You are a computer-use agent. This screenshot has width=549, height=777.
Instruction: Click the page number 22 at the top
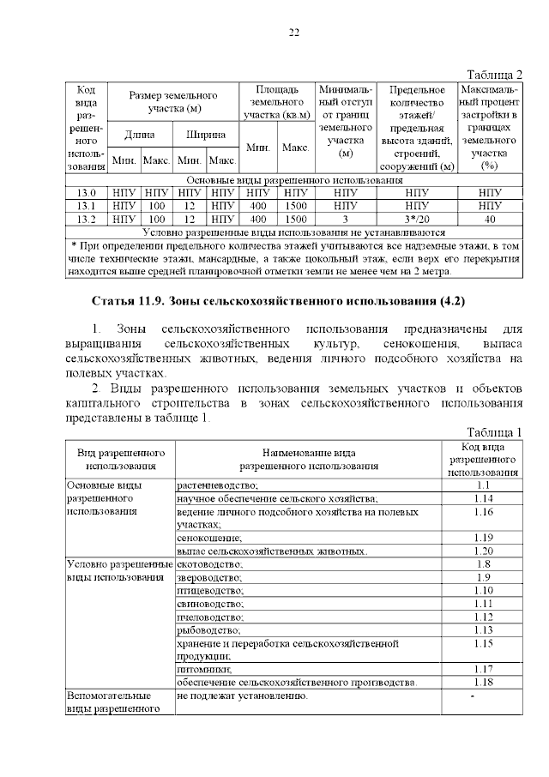293,33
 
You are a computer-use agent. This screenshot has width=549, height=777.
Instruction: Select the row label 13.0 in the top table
86,193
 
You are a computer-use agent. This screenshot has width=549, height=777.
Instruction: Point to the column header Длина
139,135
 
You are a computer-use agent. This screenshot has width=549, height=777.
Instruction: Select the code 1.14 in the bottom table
483,498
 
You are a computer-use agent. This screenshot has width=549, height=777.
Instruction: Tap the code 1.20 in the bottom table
483,551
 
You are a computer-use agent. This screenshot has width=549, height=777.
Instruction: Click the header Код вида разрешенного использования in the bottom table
483,459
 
